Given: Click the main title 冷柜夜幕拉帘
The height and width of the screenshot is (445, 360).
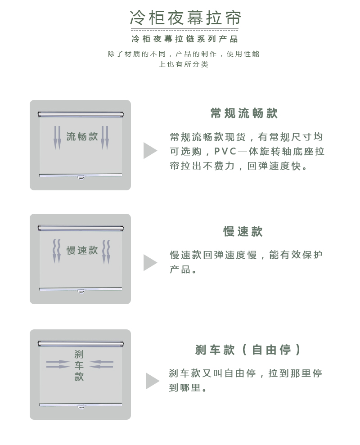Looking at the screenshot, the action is pos(185,18).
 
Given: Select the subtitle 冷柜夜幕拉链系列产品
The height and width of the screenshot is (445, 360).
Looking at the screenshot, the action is pos(185,39).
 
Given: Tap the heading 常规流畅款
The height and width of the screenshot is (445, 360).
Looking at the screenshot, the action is pos(244,113).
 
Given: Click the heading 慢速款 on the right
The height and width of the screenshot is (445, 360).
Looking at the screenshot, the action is pos(243,231).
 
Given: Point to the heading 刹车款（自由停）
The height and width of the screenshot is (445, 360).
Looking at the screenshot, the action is pos(247,350).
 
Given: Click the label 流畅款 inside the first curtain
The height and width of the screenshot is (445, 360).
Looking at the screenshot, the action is pos(82,136).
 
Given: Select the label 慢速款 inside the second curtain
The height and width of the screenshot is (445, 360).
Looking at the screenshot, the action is pos(82,250).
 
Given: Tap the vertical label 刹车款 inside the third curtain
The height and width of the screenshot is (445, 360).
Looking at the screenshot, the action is pos(79,365).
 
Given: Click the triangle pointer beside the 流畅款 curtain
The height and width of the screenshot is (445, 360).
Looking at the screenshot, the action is pos(150,150).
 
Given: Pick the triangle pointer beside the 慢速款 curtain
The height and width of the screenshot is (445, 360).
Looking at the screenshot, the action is pos(150,262).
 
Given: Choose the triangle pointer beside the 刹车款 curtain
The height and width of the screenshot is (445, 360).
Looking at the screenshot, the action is pos(152,381).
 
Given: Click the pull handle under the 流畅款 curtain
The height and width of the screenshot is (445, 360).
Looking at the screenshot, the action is pos(81,178).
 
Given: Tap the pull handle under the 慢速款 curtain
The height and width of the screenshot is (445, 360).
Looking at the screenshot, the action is pos(81,291).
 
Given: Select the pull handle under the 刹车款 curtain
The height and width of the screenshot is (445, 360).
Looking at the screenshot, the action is pos(81,407).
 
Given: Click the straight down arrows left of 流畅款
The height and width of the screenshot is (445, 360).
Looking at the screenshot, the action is pos(57,138).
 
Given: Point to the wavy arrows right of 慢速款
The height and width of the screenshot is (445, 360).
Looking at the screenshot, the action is pos(106,252).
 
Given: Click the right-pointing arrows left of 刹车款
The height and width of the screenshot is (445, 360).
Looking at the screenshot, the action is pos(58,364).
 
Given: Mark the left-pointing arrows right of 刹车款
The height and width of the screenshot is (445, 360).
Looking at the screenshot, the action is pos(101,364).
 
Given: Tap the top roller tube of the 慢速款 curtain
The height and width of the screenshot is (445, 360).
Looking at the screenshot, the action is pos(81,228).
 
